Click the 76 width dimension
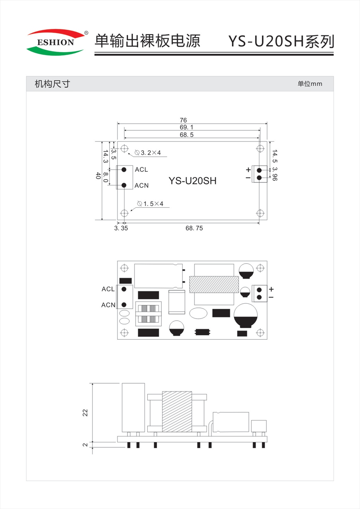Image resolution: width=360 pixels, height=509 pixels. pyautogui.click(x=183, y=120)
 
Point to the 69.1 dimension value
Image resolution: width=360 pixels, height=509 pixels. pyautogui.click(x=186, y=127)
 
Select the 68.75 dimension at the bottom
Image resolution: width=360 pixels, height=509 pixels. pyautogui.click(x=194, y=228)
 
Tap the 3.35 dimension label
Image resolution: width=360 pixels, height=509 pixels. pyautogui.click(x=121, y=228)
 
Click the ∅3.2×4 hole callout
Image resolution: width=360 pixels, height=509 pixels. pyautogui.click(x=148, y=153)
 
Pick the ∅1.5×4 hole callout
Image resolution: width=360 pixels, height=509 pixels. pyautogui.click(x=150, y=204)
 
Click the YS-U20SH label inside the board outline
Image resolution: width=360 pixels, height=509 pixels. pyautogui.click(x=192, y=181)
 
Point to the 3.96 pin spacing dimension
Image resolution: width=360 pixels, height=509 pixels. pyautogui.click(x=275, y=174)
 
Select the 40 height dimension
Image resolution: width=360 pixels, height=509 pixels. pyautogui.click(x=98, y=175)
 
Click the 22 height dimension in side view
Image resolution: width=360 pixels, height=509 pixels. pyautogui.click(x=85, y=413)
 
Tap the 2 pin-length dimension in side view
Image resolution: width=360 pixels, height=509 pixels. pyautogui.click(x=85, y=445)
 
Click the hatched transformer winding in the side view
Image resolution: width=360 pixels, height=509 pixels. pyautogui.click(x=177, y=411)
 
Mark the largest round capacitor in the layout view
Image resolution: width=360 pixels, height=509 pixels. pyautogui.click(x=245, y=315)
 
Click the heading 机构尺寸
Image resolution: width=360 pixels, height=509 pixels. pyautogui.click(x=52, y=84)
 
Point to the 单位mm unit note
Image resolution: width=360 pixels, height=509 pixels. pyautogui.click(x=310, y=84)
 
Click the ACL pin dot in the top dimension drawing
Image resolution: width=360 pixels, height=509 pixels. pyautogui.click(x=124, y=170)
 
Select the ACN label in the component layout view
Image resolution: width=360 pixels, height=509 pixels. pyautogui.click(x=108, y=305)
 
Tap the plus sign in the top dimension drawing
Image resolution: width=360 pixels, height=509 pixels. pyautogui.click(x=248, y=170)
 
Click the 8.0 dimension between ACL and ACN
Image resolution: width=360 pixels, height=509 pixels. pyautogui.click(x=106, y=177)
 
